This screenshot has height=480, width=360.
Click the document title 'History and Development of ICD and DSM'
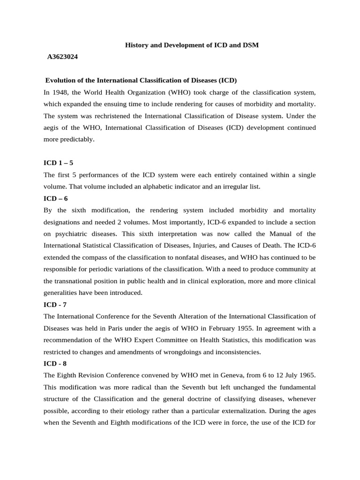tap(191, 45)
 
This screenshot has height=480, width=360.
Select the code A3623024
tap(62, 57)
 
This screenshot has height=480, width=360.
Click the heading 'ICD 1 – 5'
tap(58, 163)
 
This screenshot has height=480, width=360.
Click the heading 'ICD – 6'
tap(56, 198)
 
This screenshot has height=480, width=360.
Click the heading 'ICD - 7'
tap(55, 304)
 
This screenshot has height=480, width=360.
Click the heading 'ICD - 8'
tap(55, 363)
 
